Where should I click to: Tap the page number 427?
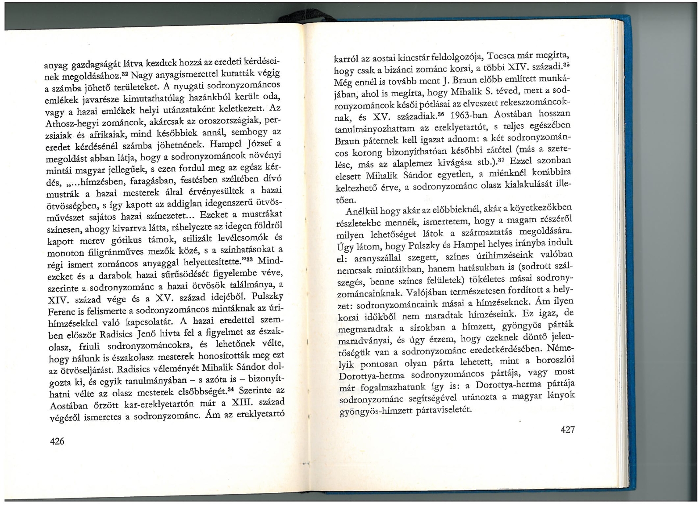coord(567,430)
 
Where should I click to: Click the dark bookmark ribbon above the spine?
coord(307,15)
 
